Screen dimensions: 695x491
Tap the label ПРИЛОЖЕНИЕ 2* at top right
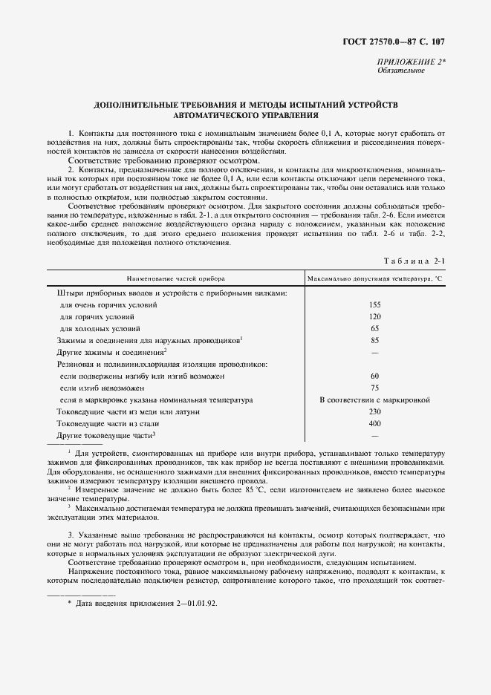pyautogui.click(x=412, y=62)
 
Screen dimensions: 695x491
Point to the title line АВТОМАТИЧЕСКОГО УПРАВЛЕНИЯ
pyautogui.click(x=245, y=116)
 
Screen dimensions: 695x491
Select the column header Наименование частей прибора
pyautogui.click(x=175, y=278)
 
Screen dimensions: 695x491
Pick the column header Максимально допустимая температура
pyautogui.click(x=374, y=278)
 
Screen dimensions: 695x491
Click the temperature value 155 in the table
pyautogui.click(x=374, y=305)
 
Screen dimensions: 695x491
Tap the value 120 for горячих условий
pyautogui.click(x=374, y=316)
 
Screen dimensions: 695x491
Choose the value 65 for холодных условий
pyautogui.click(x=374, y=328)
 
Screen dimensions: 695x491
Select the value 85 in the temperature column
pyautogui.click(x=374, y=340)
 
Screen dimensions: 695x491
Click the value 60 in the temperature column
pyautogui.click(x=374, y=376)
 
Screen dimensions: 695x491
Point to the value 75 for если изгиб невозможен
pyautogui.click(x=374, y=388)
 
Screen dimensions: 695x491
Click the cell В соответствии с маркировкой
pyautogui.click(x=374, y=399)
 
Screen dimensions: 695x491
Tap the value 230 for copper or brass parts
pyautogui.click(x=374, y=411)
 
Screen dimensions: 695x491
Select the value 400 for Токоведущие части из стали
pyautogui.click(x=374, y=423)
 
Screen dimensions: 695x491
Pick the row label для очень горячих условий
pyautogui.click(x=108, y=305)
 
